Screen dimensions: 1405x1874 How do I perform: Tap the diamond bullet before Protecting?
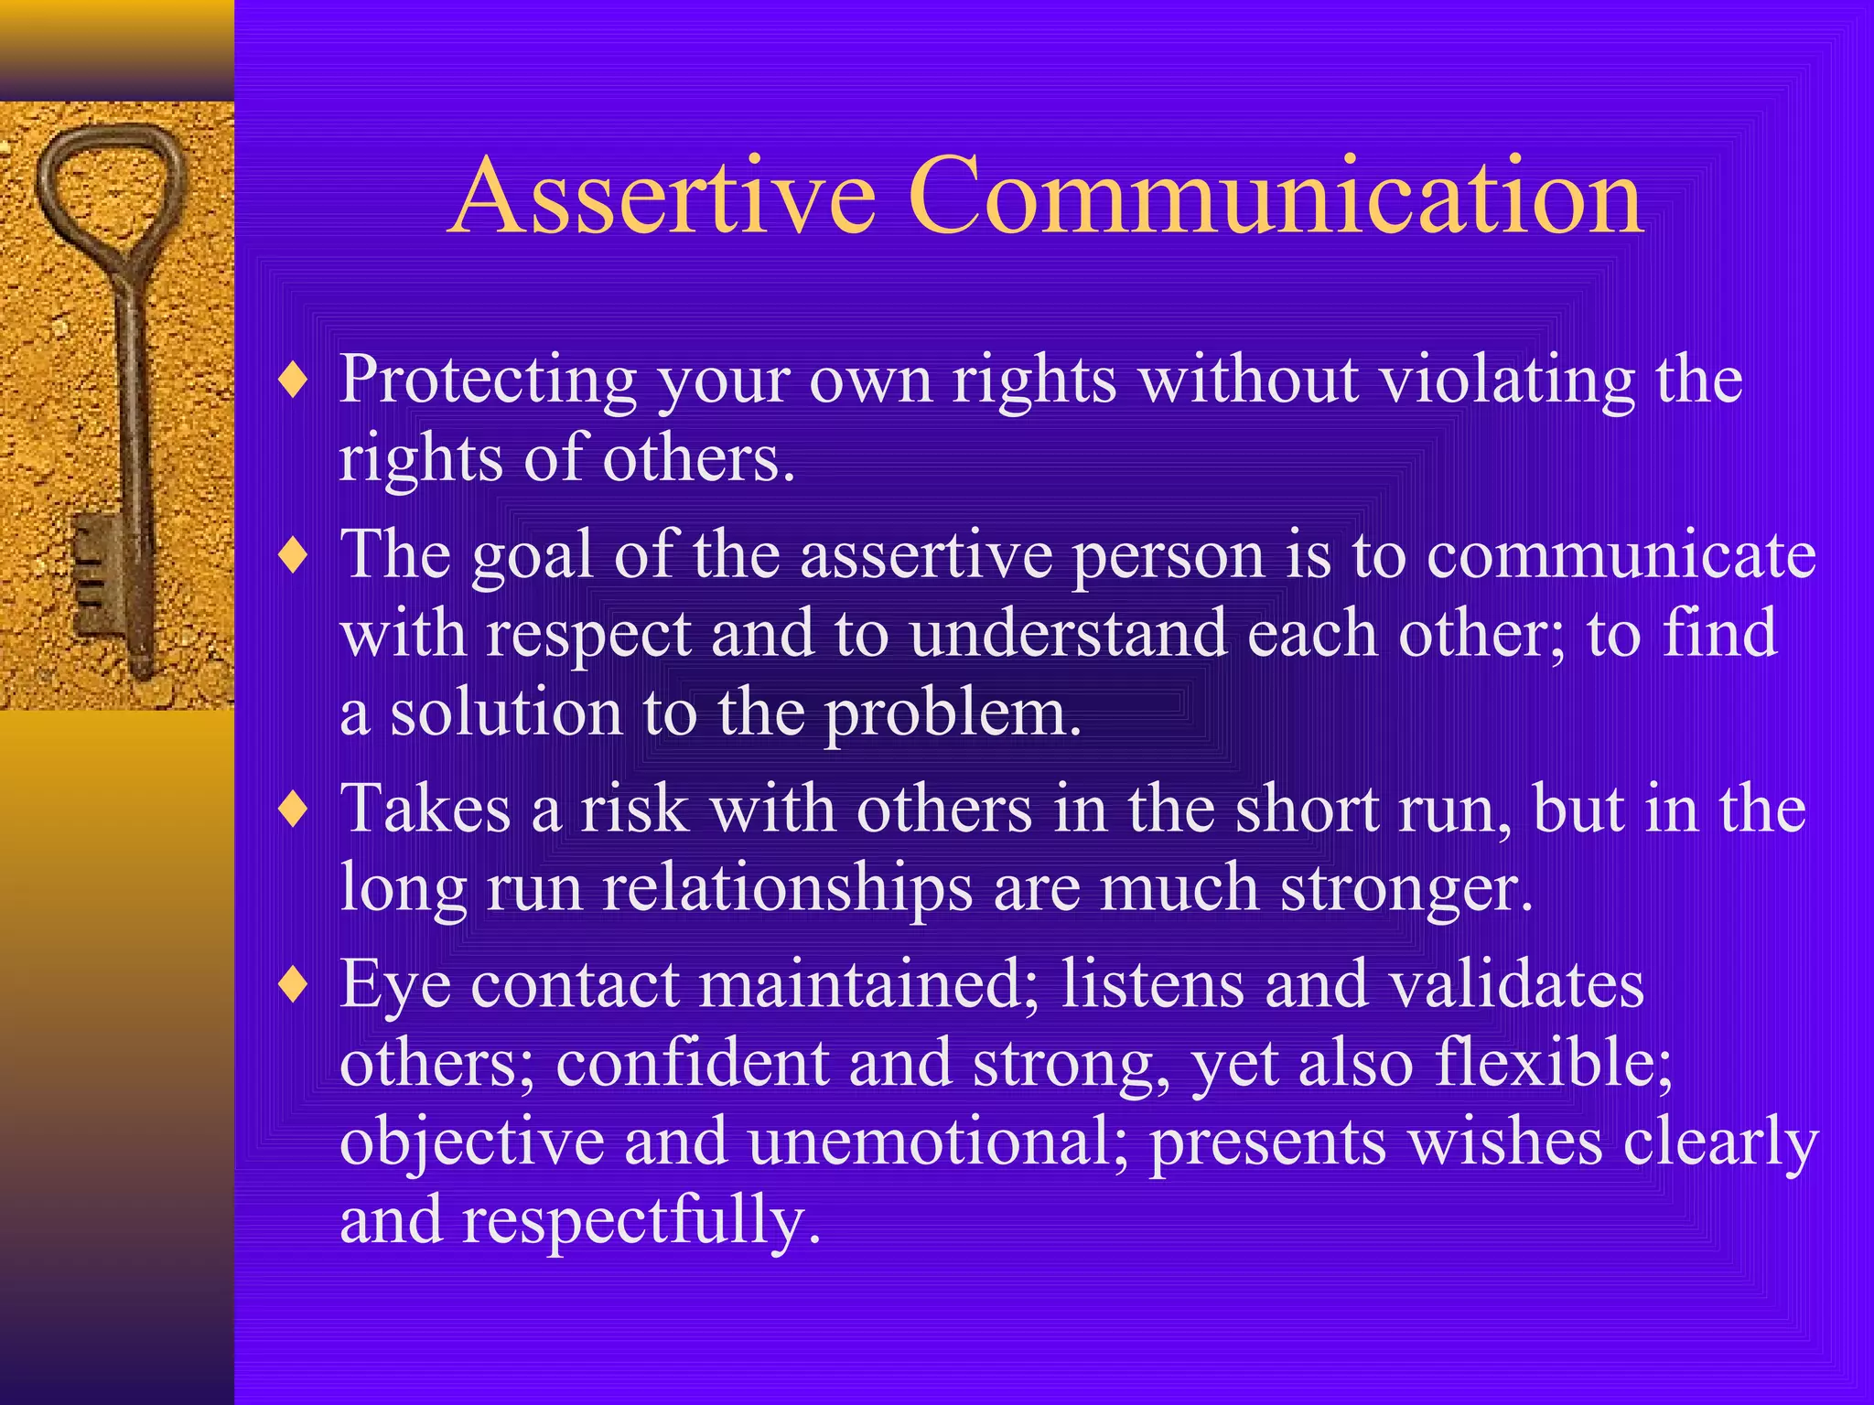(x=293, y=381)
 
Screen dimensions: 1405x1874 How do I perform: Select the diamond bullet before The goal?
(x=293, y=555)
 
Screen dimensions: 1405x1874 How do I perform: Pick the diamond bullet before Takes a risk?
(x=293, y=810)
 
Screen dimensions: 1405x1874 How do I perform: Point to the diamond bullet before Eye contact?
(x=293, y=985)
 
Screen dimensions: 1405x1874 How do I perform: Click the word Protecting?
(x=488, y=381)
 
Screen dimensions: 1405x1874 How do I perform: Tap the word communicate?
(x=1621, y=555)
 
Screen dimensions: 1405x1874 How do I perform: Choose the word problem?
(x=953, y=714)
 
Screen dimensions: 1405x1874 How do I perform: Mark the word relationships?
(x=787, y=888)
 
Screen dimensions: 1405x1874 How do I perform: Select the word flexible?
(x=1553, y=1063)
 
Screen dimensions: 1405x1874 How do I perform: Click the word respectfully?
(x=641, y=1221)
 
